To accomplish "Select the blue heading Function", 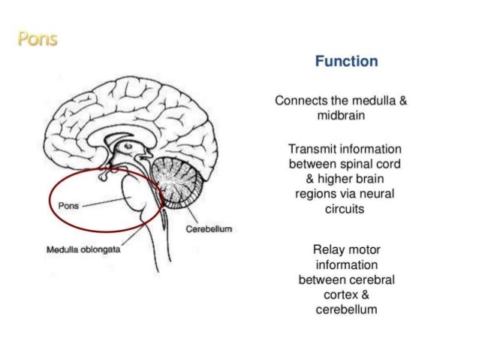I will pyautogui.click(x=345, y=61).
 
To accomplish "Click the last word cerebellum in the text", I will pyautogui.click(x=345, y=310).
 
